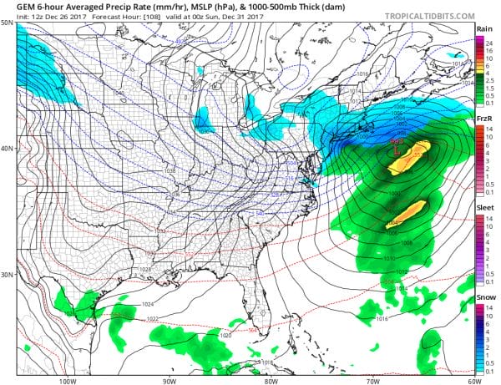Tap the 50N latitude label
(x=8, y=23)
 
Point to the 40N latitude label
(x=8, y=149)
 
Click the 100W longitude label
(x=68, y=380)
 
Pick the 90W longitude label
(x=170, y=380)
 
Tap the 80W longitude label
(x=270, y=380)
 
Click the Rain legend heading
(x=483, y=29)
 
